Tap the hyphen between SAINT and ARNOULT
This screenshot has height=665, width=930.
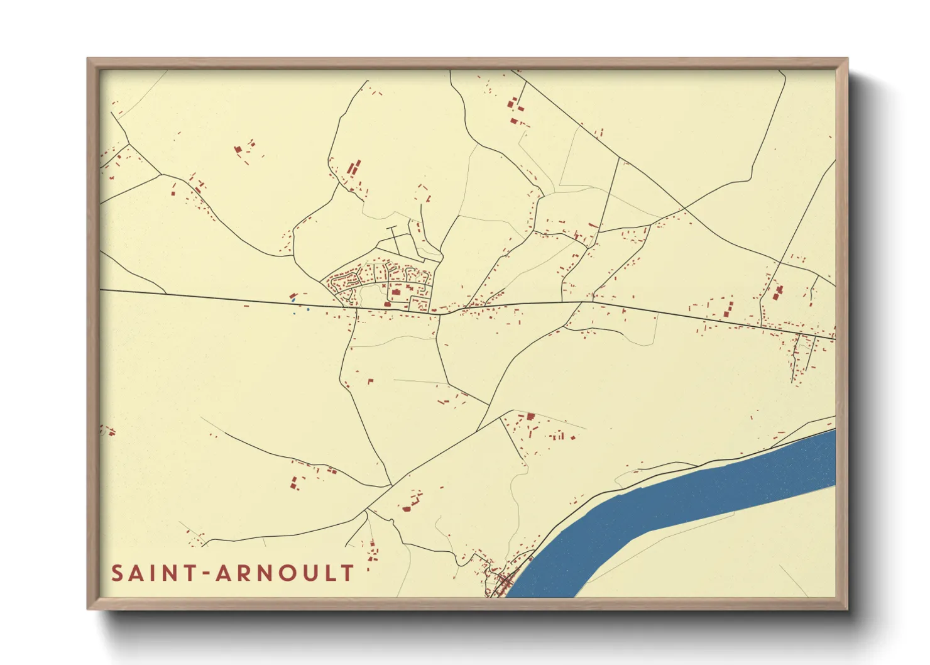205,573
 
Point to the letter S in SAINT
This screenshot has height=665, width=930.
117,573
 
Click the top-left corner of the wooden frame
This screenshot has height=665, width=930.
89,60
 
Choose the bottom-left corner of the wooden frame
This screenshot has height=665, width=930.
89,608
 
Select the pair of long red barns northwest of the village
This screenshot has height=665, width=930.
354,168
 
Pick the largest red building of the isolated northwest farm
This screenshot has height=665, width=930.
238,150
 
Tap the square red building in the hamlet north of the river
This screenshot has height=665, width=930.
530,416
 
